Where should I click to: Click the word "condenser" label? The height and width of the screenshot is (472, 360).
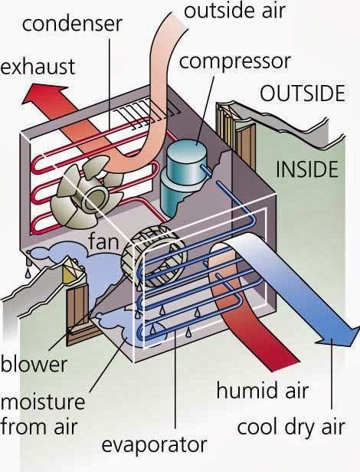tap(72, 24)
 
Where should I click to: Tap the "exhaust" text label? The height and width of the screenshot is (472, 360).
tap(38, 66)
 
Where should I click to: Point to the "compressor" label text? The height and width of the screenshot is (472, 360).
tap(235, 62)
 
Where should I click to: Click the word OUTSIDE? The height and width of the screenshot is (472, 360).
tap(303, 93)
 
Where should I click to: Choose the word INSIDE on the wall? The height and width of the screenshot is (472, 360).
tap(307, 169)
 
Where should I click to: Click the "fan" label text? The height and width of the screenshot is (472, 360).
tap(103, 241)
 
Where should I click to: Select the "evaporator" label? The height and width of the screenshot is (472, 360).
tap(155, 445)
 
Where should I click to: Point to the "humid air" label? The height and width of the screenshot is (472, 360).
tap(263, 391)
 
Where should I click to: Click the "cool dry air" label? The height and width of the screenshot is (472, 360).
tap(291, 427)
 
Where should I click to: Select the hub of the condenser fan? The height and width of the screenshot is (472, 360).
tap(95, 198)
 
